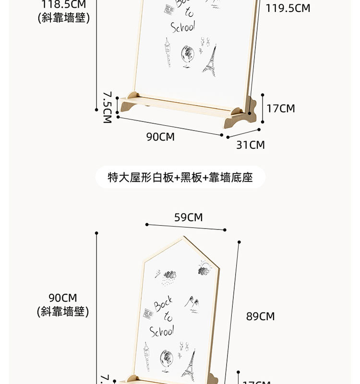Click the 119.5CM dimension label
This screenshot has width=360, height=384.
pyautogui.click(x=288, y=8)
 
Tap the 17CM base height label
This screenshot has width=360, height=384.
pyautogui.click(x=281, y=108)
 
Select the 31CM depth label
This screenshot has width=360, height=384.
pyautogui.click(x=250, y=144)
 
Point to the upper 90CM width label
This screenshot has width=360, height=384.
pyautogui.click(x=160, y=137)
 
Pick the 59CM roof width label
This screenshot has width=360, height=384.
pyautogui.click(x=188, y=217)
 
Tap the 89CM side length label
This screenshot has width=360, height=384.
pyautogui.click(x=260, y=316)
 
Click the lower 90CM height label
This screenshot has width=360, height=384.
pyautogui.click(x=62, y=298)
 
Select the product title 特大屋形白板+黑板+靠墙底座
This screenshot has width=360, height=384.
pyautogui.click(x=180, y=178)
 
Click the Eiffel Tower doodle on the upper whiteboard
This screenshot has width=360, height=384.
pyautogui.click(x=209, y=60)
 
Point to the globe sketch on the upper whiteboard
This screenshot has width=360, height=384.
pyautogui.click(x=186, y=58)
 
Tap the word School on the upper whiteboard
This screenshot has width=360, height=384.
pyautogui.click(x=183, y=26)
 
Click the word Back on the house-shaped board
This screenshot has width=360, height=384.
pyautogui.click(x=163, y=304)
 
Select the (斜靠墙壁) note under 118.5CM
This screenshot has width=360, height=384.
pyautogui.click(x=63, y=18)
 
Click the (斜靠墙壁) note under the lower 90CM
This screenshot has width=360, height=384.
pyautogui.click(x=62, y=312)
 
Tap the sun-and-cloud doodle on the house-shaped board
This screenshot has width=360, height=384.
pyautogui.click(x=204, y=268)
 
